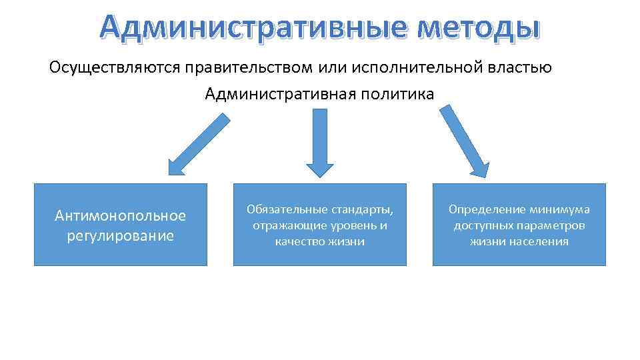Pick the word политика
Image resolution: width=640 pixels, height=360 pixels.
click(x=397, y=94)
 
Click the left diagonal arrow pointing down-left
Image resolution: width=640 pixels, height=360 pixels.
click(x=198, y=145)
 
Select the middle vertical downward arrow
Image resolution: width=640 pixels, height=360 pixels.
click(x=319, y=143)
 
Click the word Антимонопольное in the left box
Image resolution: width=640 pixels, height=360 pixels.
click(x=120, y=216)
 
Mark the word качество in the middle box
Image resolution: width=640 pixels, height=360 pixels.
click(x=297, y=241)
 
